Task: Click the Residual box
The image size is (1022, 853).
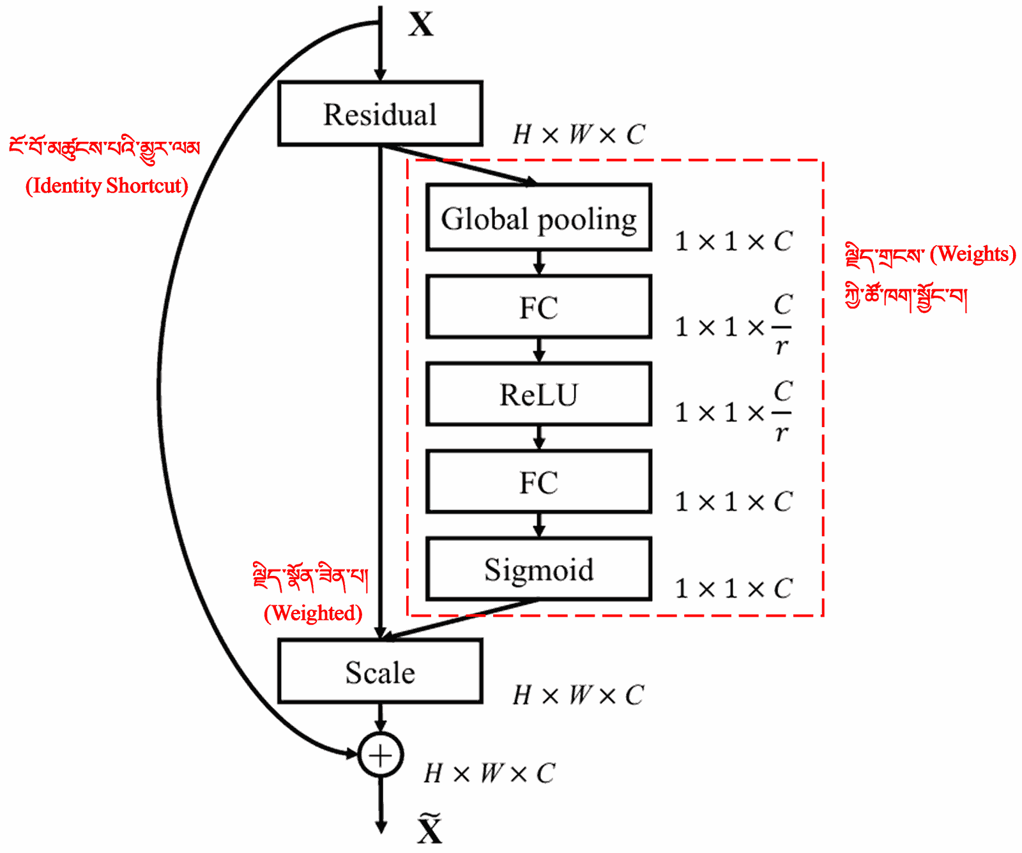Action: coord(380,114)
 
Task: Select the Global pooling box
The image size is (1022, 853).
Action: coord(538,218)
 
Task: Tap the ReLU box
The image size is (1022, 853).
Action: coord(538,394)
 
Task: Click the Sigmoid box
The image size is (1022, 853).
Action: coord(538,569)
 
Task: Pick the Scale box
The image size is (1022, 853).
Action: coord(380,672)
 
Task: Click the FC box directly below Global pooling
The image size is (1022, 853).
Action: coord(538,307)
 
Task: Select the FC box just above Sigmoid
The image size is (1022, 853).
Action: coord(538,482)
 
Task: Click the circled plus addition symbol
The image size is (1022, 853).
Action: coord(381,755)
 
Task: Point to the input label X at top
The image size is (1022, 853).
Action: coord(421,24)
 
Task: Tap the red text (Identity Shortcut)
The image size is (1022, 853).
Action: coord(107,186)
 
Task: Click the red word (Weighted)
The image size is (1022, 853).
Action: coord(313,613)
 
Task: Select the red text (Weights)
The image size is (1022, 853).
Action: coord(972,254)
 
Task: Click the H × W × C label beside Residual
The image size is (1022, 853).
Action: coord(579,135)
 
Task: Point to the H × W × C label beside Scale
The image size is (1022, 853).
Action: coord(579,695)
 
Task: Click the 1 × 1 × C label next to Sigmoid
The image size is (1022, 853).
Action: coord(733,589)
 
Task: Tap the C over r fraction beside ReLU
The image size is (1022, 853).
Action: coord(782,412)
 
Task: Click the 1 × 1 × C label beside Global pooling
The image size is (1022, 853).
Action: coord(733,241)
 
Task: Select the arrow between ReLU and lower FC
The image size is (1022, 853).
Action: coord(539,437)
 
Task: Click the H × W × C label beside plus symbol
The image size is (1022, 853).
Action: coord(490,773)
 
